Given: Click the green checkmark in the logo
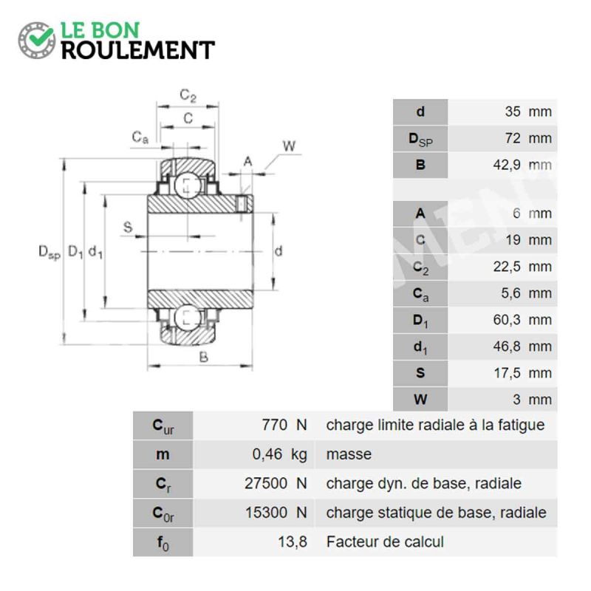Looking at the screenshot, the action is pos(41,36).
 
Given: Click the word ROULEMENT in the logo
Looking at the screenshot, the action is pos(138,50).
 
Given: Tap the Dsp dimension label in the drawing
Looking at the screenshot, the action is pos(49,252).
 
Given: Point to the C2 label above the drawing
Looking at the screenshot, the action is pos(188,95).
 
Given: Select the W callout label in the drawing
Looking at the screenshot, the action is pos(289,146).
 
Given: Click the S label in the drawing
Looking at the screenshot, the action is pos(128,227).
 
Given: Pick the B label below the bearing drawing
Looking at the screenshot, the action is pos(204,357).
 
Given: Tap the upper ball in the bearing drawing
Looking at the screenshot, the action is pos(188,185).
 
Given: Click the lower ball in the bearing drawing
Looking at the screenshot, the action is pos(188,318).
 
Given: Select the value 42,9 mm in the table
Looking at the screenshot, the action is pos(522,165).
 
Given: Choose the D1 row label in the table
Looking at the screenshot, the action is pos(420,321).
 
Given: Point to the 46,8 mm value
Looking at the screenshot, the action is pos(522,346).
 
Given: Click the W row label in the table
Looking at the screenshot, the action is pos(420,400).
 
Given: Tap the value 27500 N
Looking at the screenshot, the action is pos(276,483).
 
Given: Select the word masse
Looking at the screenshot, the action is pos(349,454).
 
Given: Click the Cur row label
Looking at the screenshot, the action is pos(163,426).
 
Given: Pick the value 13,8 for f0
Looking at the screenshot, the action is pos(293,542).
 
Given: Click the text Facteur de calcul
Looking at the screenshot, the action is pos(385,542).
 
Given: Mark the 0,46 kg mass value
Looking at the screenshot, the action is pos(280,454).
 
